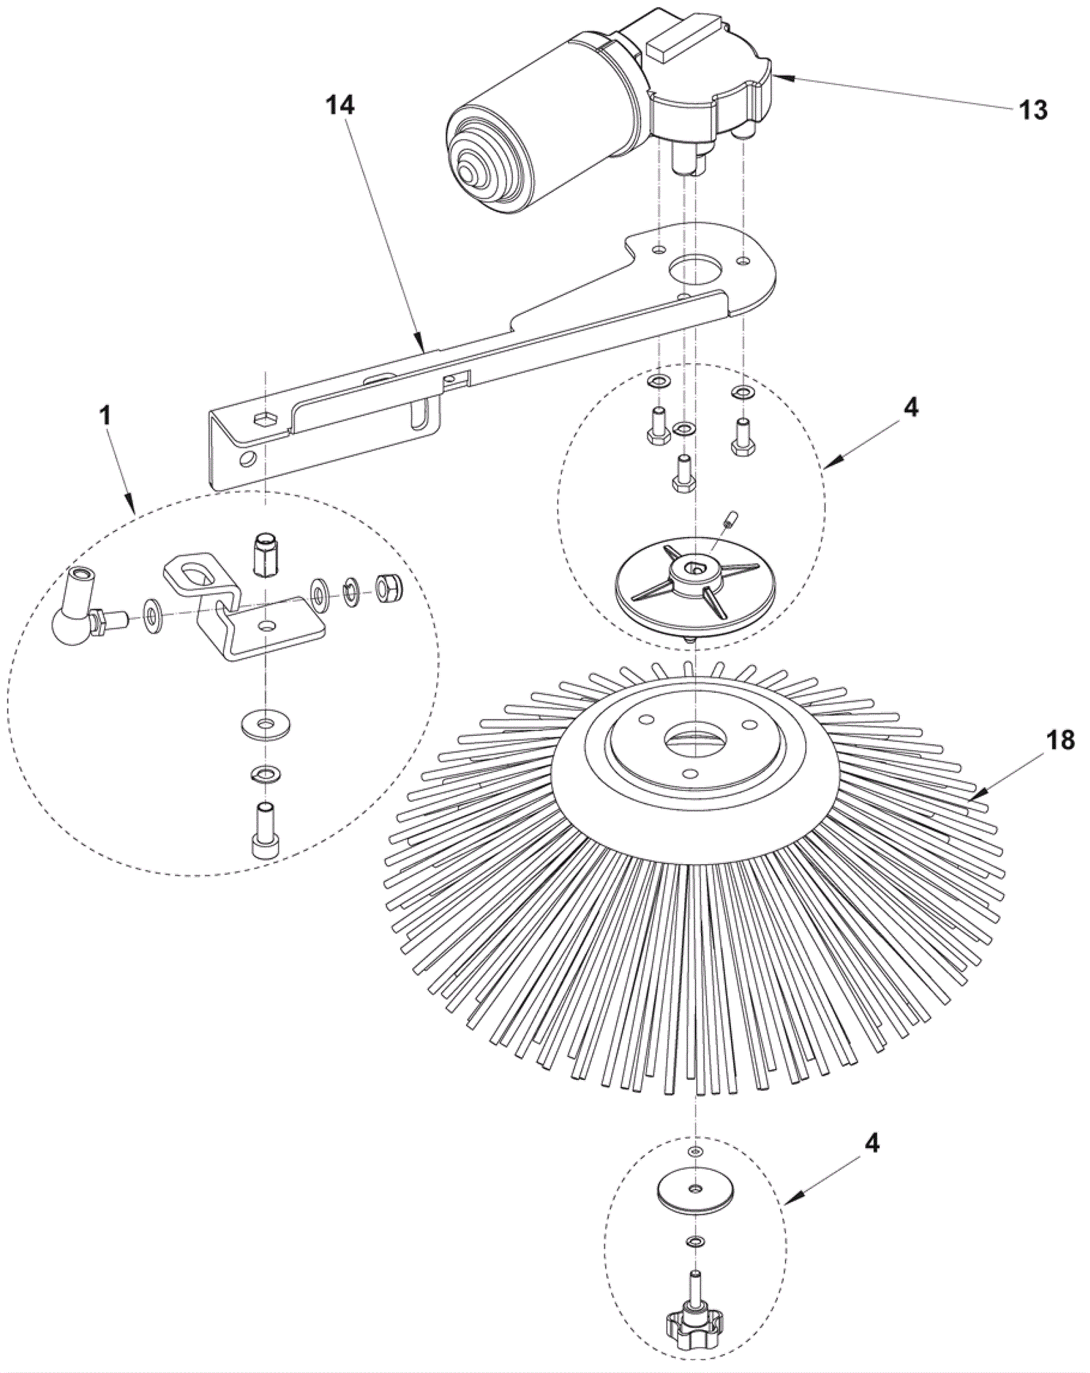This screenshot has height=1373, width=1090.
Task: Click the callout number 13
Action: coord(1033,110)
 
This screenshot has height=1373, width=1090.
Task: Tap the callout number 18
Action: coord(1060,741)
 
